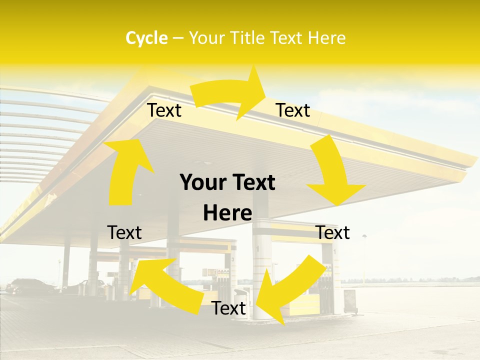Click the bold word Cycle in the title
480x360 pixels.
click(x=146, y=38)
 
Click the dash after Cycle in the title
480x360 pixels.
click(x=178, y=38)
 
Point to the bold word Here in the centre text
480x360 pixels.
click(x=227, y=213)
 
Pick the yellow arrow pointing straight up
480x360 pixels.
click(x=125, y=170)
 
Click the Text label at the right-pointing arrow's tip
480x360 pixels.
click(x=293, y=110)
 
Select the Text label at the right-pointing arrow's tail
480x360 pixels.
click(x=164, y=110)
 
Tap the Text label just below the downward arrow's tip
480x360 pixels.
click(x=333, y=233)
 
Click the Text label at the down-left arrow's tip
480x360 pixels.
click(x=229, y=308)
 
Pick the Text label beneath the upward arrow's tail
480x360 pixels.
click(x=124, y=233)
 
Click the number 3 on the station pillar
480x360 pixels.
click(x=232, y=259)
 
